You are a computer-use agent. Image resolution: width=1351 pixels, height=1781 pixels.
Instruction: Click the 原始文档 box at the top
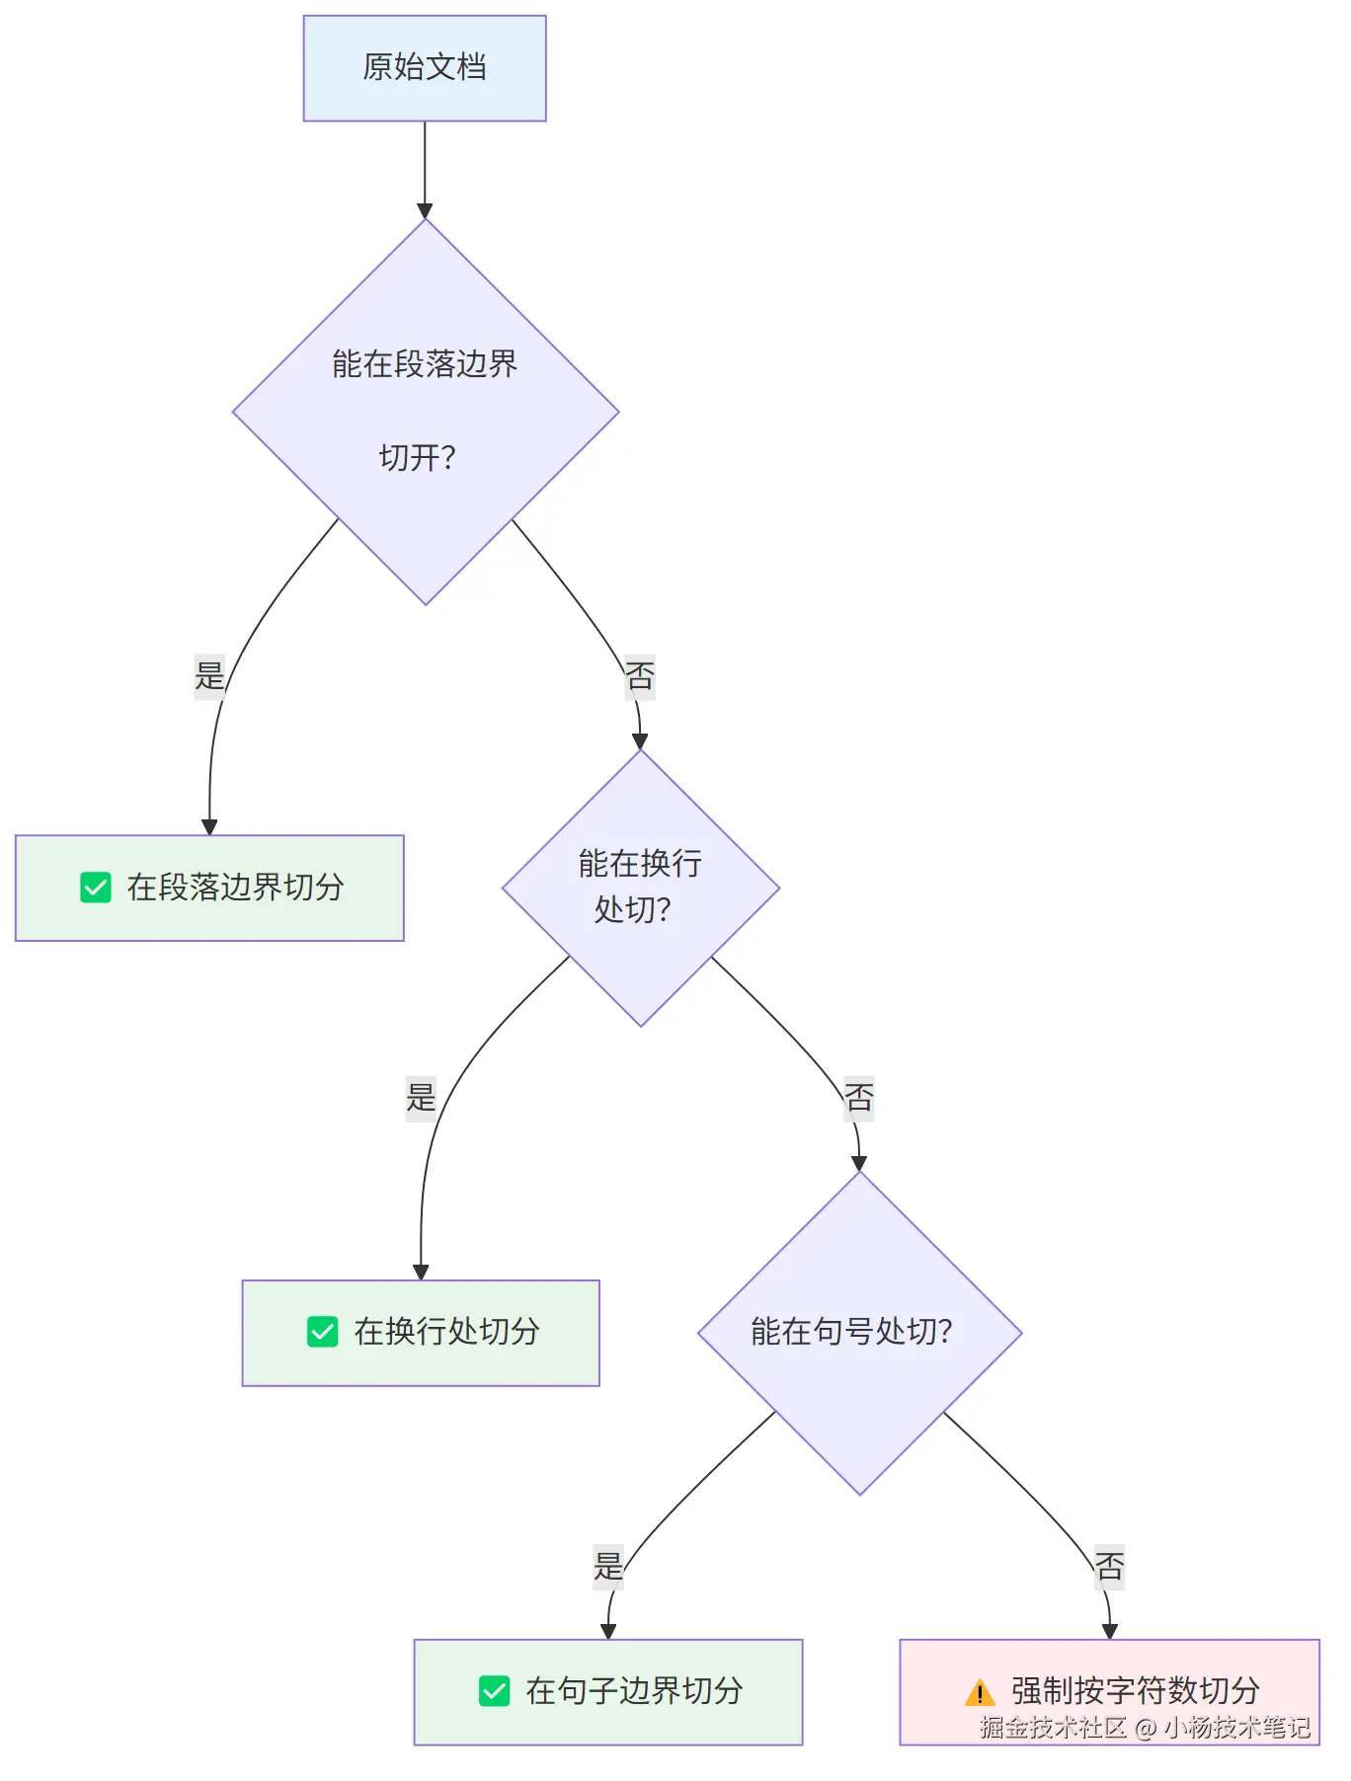pos(425,68)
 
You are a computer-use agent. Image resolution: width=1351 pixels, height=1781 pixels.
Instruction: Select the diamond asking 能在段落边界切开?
pos(426,412)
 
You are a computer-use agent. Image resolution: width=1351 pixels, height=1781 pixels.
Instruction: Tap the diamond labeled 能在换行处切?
pos(641,888)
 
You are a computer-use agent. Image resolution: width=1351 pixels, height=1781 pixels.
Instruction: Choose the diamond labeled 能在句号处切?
pos(860,1333)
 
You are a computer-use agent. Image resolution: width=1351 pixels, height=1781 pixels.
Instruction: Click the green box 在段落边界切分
pos(209,888)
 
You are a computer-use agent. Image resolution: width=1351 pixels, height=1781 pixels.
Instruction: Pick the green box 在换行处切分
pos(421,1333)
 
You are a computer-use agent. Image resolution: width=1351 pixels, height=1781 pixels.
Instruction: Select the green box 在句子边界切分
pos(608,1692)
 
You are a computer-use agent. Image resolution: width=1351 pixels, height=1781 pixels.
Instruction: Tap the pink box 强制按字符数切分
pos(1110,1692)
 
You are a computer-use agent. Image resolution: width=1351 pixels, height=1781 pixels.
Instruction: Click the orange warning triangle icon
pos(980,1692)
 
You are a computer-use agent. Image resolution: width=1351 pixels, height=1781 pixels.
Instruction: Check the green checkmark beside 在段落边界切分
pos(96,888)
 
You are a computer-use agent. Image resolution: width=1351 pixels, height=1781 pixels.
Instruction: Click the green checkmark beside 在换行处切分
pos(323,1332)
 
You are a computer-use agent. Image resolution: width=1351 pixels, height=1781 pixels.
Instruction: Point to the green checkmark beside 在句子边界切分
pos(494,1691)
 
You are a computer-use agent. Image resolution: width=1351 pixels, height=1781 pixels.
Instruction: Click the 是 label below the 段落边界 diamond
pos(209,676)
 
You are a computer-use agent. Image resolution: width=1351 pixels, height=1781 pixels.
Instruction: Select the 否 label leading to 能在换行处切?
pos(640,676)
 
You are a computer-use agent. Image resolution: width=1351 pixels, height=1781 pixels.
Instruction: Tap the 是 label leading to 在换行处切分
pos(421,1098)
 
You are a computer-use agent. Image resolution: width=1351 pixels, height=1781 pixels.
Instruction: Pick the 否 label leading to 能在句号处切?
pos(859,1098)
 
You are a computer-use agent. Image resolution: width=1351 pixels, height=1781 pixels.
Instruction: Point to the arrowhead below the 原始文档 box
pos(425,211)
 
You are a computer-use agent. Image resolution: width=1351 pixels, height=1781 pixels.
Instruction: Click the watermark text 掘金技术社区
pos(1053,1727)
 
